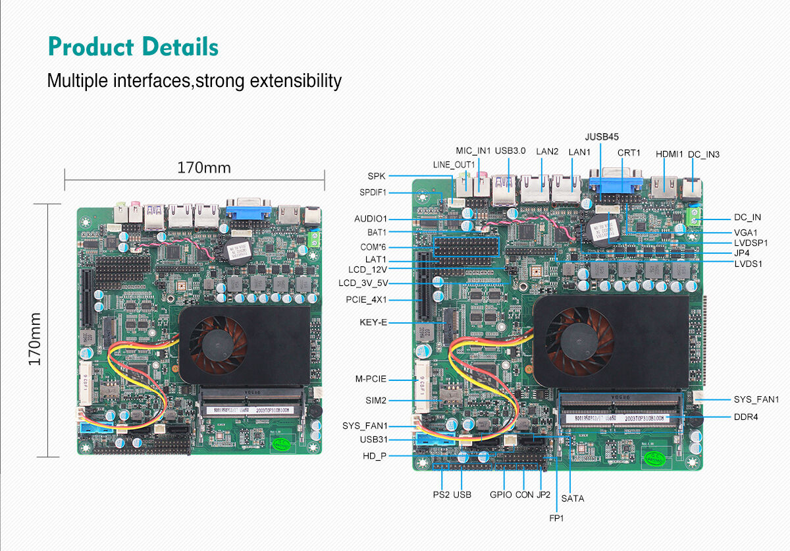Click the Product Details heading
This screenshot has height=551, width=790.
pyautogui.click(x=133, y=47)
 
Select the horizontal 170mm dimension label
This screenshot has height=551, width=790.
pyautogui.click(x=204, y=168)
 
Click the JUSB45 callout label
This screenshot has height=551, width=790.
pyautogui.click(x=602, y=137)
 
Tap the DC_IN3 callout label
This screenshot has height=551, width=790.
pyautogui.click(x=703, y=154)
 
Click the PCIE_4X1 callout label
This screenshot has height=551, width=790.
pyautogui.click(x=366, y=300)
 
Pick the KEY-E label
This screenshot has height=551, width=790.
pyautogui.click(x=373, y=322)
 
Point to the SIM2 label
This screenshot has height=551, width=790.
pyautogui.click(x=376, y=400)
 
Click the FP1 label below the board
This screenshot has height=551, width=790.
pyautogui.click(x=556, y=518)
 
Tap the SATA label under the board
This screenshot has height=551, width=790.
pyautogui.click(x=572, y=498)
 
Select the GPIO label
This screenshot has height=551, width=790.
pyautogui.click(x=500, y=494)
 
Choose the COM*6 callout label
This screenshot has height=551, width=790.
pyautogui.click(x=373, y=246)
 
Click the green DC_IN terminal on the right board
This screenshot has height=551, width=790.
pyautogui.click(x=693, y=217)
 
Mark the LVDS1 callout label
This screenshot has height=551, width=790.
pyautogui.click(x=748, y=264)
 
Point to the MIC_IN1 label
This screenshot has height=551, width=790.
pyautogui.click(x=473, y=151)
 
